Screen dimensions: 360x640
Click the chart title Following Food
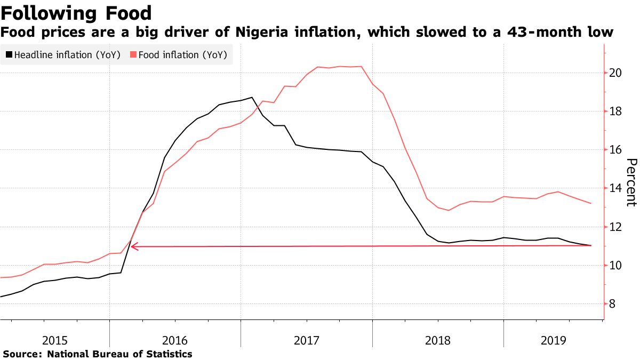tap(76, 12)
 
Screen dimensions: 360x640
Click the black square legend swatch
tap(9, 54)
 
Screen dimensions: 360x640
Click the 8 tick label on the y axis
tap(613, 304)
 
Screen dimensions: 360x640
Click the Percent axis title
tap(631, 182)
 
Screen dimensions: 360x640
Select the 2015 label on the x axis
tap(55, 340)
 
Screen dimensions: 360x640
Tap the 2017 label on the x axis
tap(306, 340)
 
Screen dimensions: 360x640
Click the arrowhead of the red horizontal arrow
tap(134, 246)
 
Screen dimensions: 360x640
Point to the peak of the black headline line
tap(252, 98)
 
